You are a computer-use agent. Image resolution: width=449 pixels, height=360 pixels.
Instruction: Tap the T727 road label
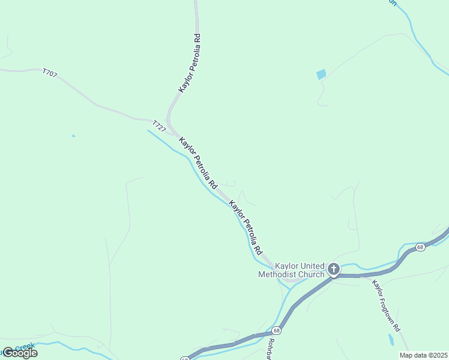coord(158,126)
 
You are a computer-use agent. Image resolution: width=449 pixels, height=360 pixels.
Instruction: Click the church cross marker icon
coord(333,269)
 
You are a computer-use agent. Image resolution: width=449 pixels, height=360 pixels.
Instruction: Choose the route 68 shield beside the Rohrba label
coord(276,331)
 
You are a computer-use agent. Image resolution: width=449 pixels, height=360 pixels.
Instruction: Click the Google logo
coord(20,353)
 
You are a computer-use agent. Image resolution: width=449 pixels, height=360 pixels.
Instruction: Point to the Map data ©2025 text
coord(423,355)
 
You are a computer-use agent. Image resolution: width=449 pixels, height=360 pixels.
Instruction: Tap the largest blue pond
coord(321,74)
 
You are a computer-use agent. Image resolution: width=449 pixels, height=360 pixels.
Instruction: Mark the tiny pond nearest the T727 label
coord(73,136)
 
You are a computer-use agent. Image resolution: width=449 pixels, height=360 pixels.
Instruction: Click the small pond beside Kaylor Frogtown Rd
coord(391,339)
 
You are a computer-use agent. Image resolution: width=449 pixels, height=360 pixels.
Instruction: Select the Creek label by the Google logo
coord(25,347)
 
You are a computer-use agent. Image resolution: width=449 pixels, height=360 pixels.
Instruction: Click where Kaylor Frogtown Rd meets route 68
coord(360,276)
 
